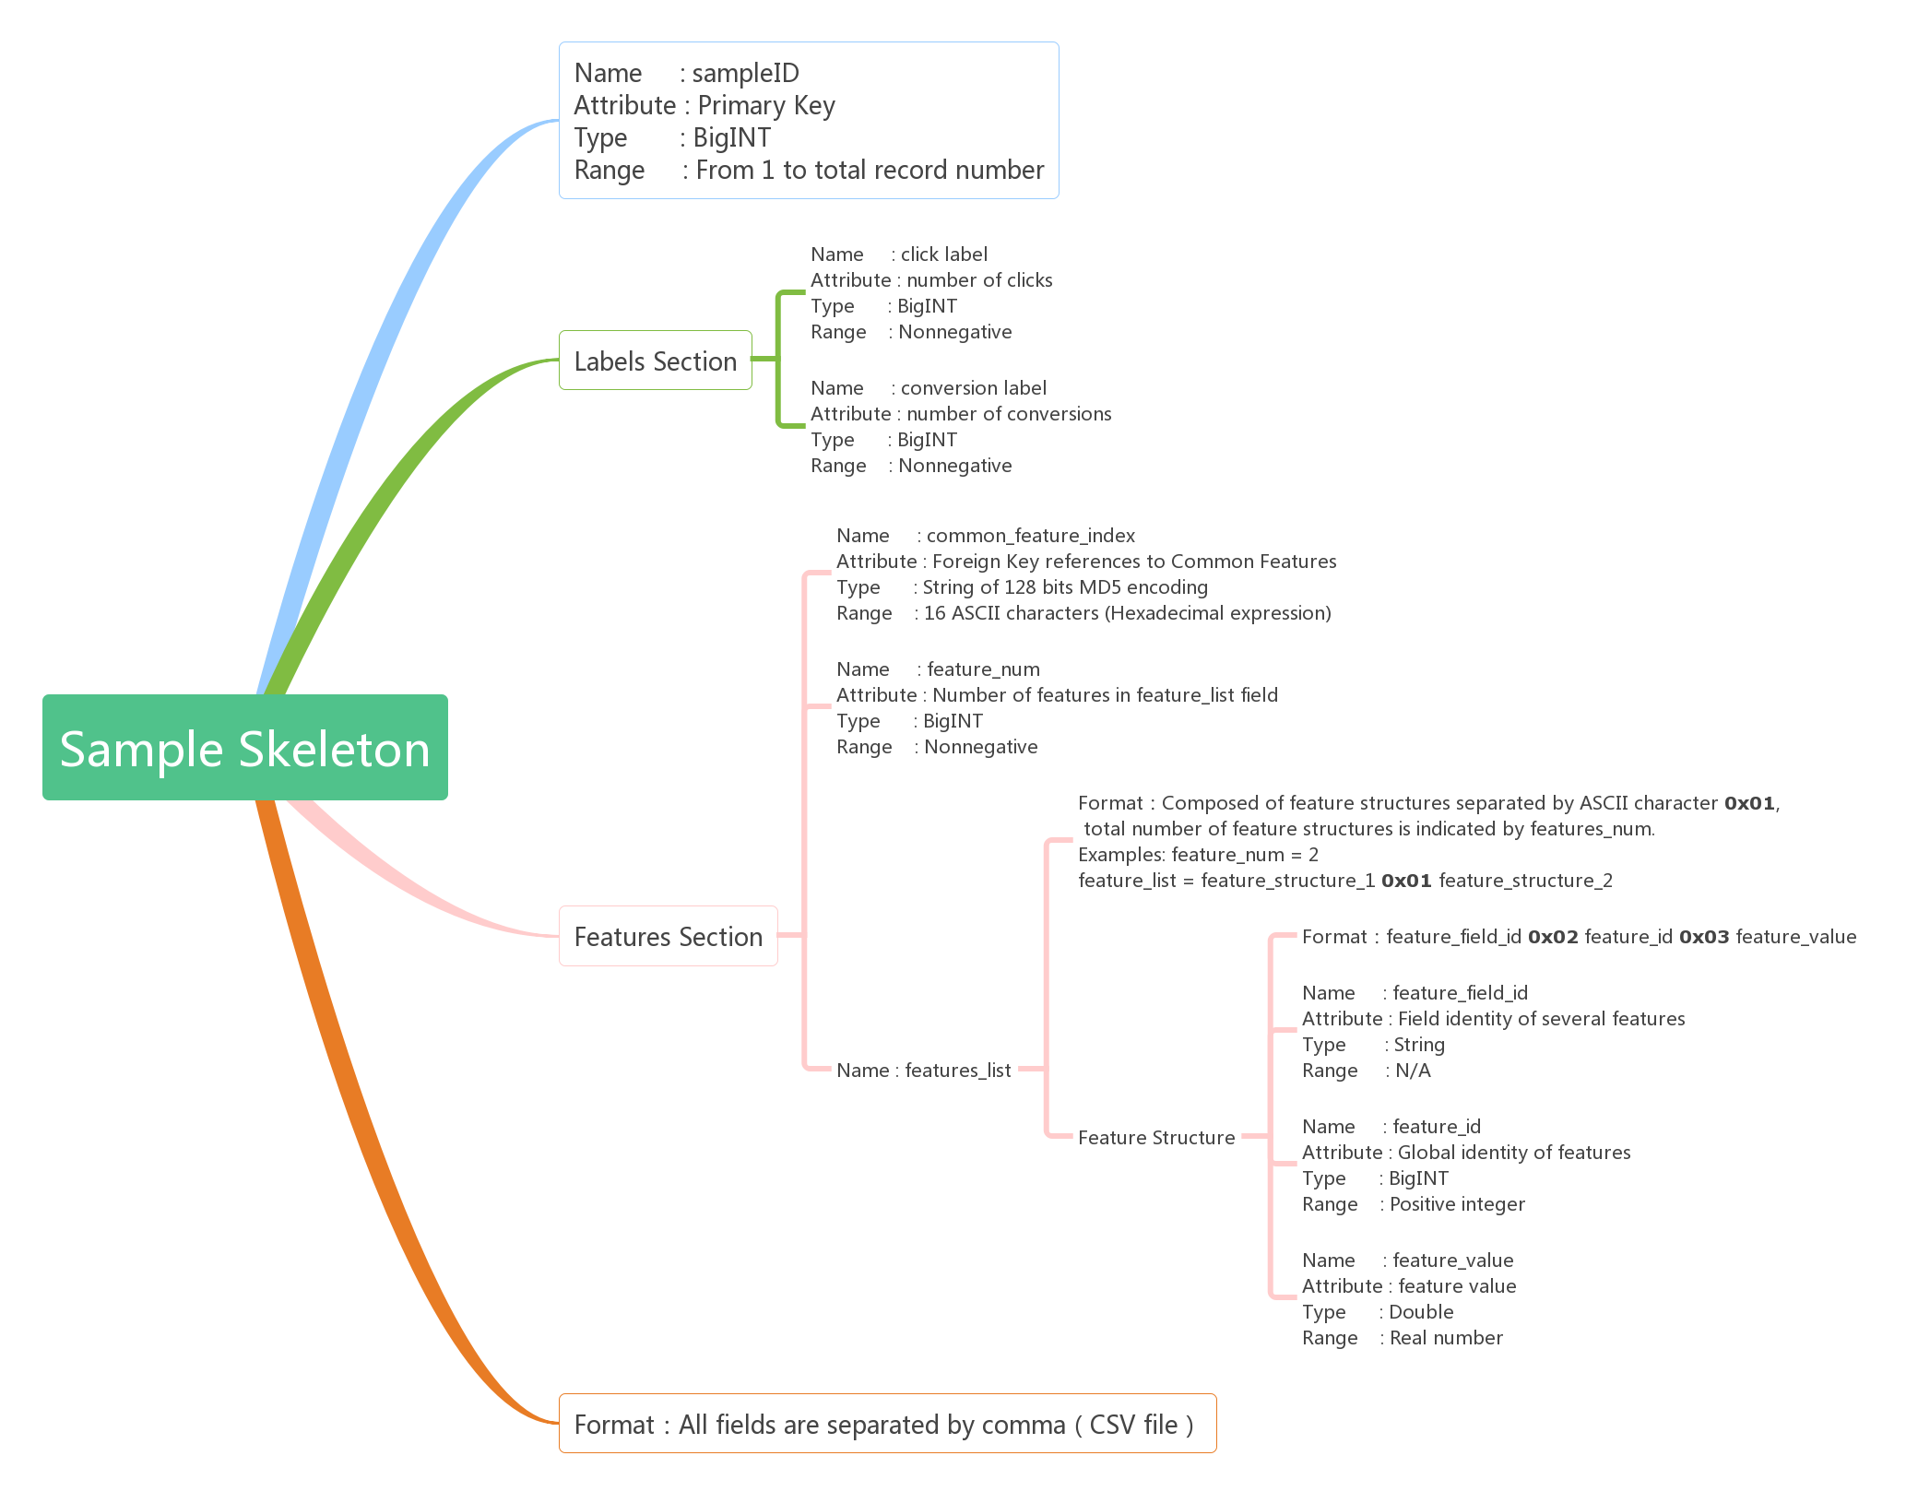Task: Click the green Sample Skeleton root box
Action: (245, 747)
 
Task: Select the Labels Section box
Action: (656, 361)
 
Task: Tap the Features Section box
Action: (669, 936)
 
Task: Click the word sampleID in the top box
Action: (746, 73)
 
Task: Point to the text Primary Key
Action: (766, 106)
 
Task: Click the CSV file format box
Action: (888, 1424)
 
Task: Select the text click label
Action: (944, 254)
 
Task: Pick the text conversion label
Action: (974, 388)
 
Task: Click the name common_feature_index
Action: (1031, 536)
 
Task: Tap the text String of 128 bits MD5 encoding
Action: (1065, 587)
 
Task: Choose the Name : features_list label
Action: (924, 1071)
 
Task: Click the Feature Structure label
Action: (1156, 1138)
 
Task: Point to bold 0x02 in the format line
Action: (1553, 937)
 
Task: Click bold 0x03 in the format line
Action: (1704, 937)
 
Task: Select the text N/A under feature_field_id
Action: (1414, 1071)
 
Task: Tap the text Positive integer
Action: (1458, 1204)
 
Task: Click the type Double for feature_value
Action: (1421, 1312)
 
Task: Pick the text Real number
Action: (1446, 1338)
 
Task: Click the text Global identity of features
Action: (1514, 1153)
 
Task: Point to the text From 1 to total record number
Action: (870, 171)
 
